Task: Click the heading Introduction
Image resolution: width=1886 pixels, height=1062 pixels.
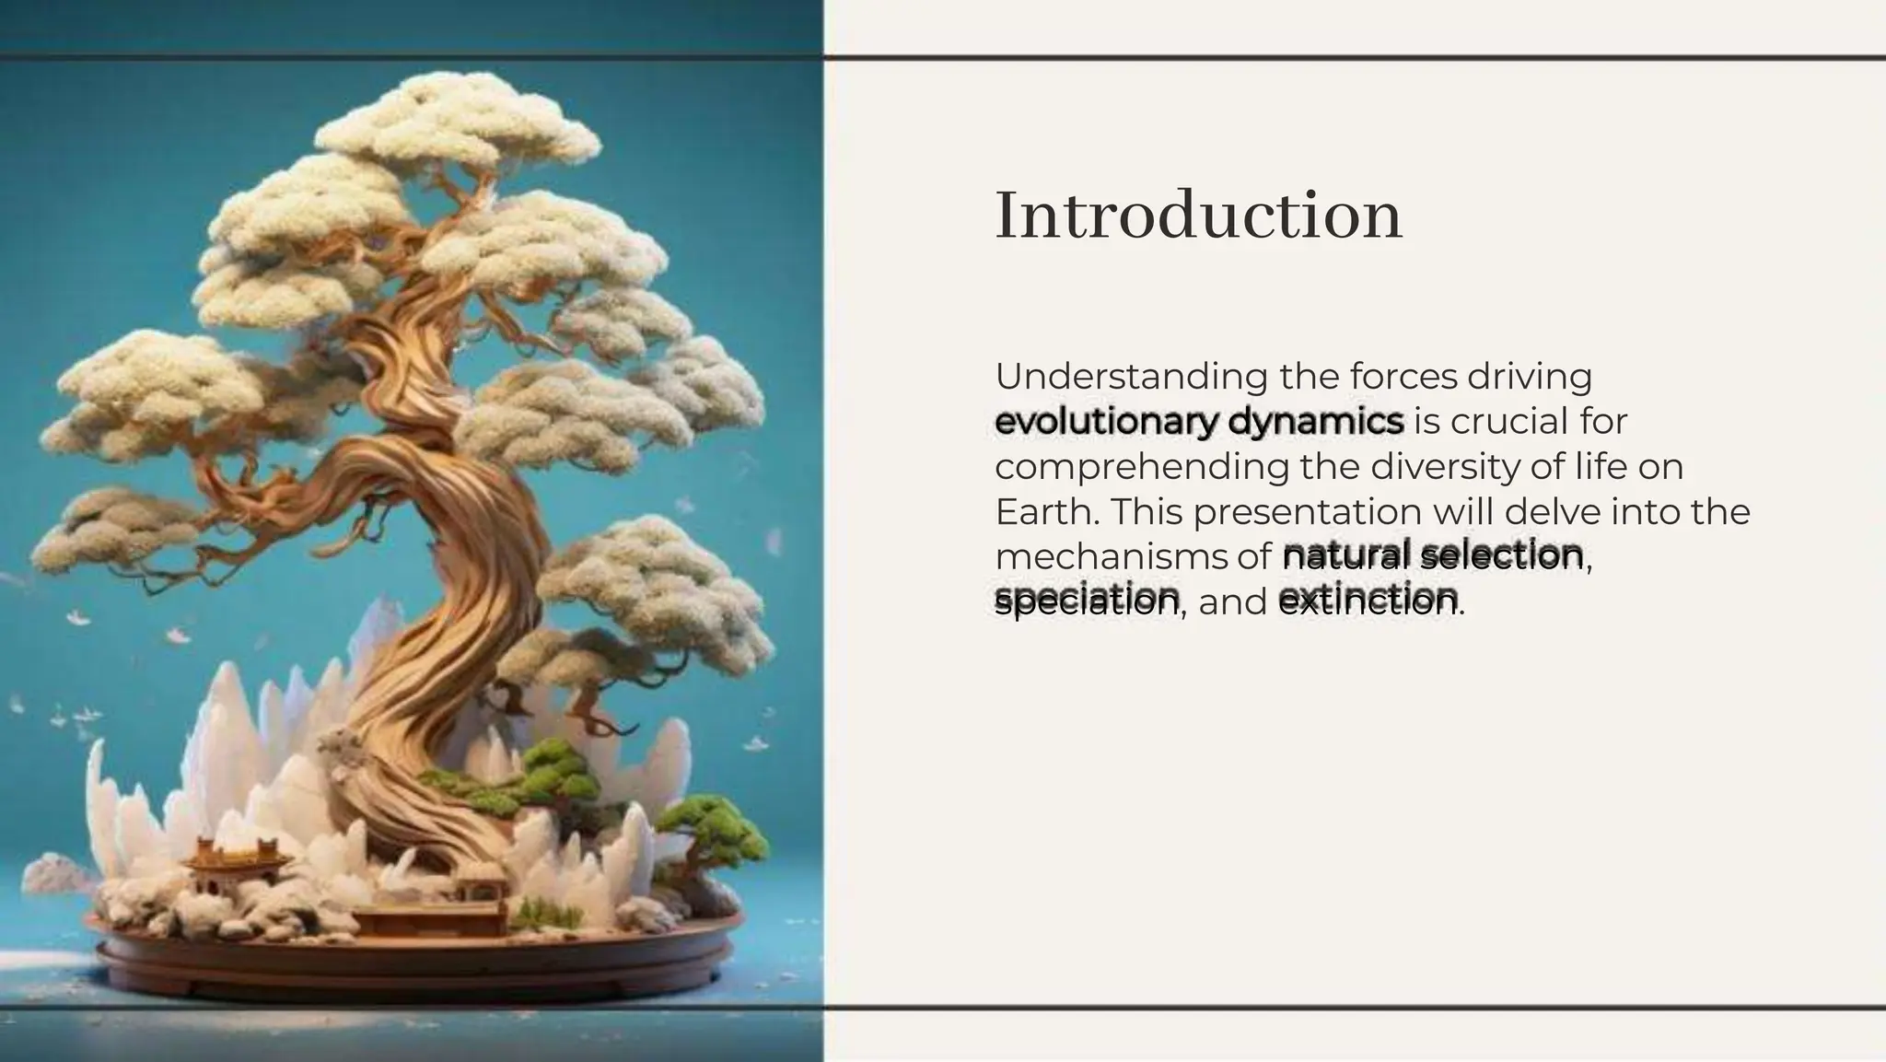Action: pyautogui.click(x=1198, y=216)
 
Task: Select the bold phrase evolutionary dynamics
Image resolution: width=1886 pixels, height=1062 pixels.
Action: pyautogui.click(x=1199, y=422)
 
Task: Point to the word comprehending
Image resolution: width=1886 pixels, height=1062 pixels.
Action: pyautogui.click(x=1141, y=467)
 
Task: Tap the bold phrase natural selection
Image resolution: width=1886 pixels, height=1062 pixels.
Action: pyautogui.click(x=1432, y=555)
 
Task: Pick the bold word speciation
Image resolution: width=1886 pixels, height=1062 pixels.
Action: pyautogui.click(x=1087, y=601)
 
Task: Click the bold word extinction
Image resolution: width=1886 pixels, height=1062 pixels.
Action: pyautogui.click(x=1368, y=601)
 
